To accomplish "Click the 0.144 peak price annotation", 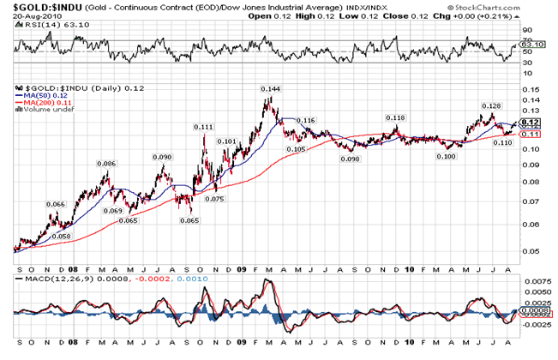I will click(x=271, y=89).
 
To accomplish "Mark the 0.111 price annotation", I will click(x=203, y=127).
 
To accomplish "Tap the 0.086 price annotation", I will click(x=106, y=164).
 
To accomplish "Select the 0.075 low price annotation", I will click(x=215, y=198).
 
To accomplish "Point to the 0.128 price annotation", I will click(x=489, y=106).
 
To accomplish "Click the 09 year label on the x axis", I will click(x=242, y=267).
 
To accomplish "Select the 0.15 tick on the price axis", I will click(x=531, y=88).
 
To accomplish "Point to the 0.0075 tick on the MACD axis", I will click(x=535, y=281).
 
